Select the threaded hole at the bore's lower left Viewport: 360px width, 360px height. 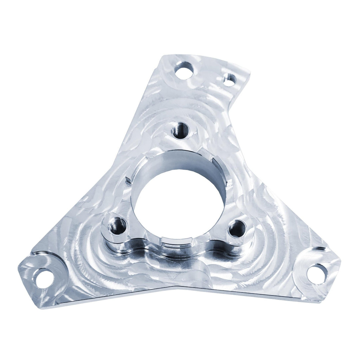point(118,226)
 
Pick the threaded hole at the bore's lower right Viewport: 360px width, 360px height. point(237,229)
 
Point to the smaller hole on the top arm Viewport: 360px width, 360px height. point(229,80)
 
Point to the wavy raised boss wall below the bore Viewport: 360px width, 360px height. point(180,250)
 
